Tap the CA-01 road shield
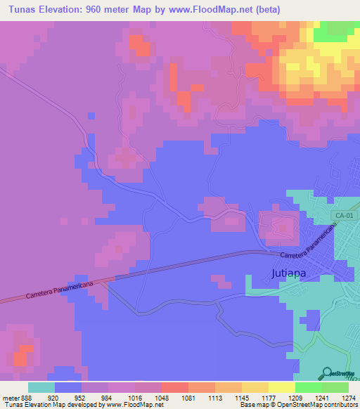pos(343,216)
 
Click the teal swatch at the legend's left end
pos(41,387)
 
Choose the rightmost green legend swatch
pos(335,387)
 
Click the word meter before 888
pos(11,397)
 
